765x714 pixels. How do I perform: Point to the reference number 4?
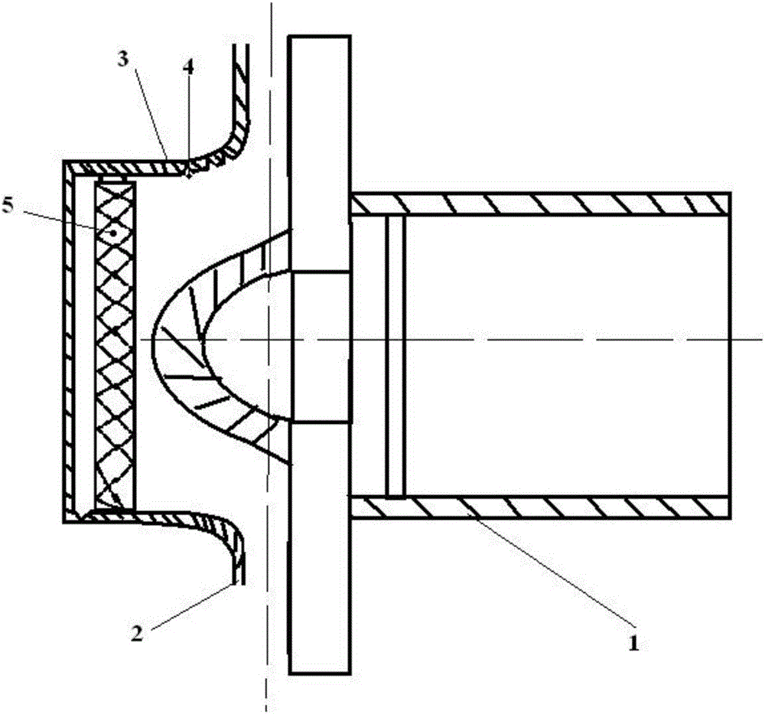point(188,67)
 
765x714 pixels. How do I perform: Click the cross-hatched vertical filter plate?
point(114,344)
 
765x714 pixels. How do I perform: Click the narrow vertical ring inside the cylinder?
point(395,356)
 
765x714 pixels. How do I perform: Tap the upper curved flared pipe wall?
point(229,142)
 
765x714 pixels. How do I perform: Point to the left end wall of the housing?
point(70,341)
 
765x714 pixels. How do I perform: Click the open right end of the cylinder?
point(728,356)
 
